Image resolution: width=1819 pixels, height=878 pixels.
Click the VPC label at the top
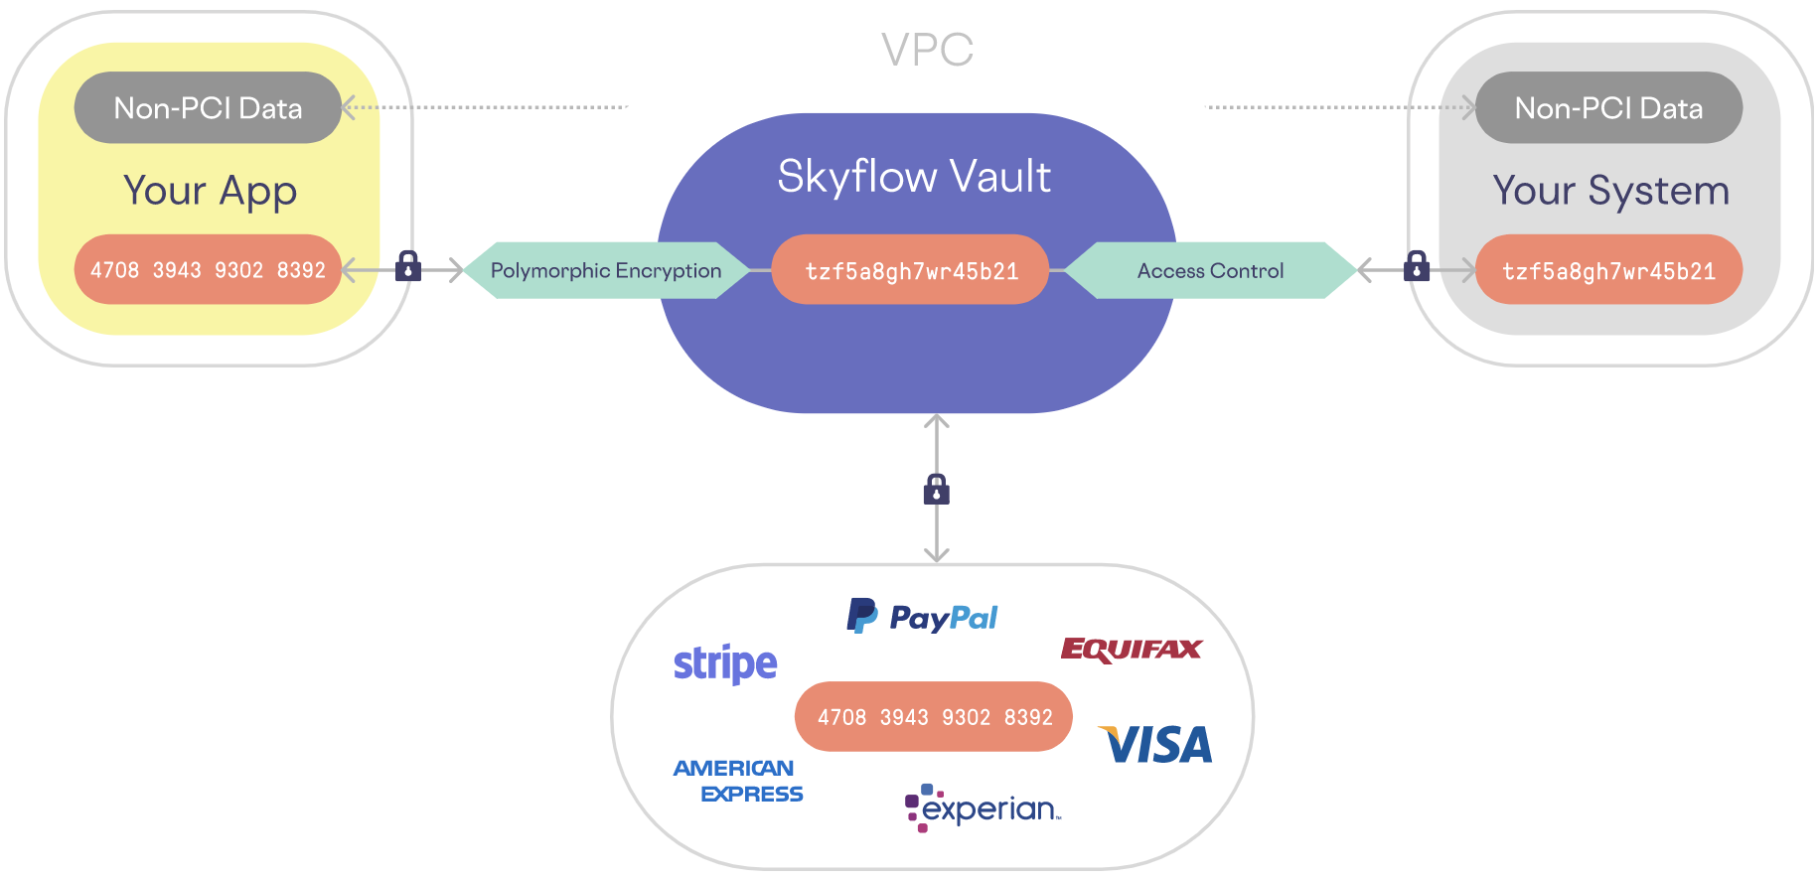[927, 50]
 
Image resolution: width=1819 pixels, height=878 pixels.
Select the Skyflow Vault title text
[914, 177]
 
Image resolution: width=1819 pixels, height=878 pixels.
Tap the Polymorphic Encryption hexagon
[606, 270]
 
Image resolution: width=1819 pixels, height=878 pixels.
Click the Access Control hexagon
[1210, 270]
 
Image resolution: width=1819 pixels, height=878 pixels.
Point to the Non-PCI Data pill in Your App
[208, 107]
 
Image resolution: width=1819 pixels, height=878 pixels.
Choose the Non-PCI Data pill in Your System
[1608, 107]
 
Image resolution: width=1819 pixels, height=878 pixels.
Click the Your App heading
[210, 191]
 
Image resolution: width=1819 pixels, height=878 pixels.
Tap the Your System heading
[1610, 191]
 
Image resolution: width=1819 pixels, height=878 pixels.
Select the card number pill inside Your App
[208, 269]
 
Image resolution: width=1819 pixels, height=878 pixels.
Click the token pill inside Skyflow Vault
[911, 270]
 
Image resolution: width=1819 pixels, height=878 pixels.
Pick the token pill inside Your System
[1608, 270]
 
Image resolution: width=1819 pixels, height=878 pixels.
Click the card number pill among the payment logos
[934, 716]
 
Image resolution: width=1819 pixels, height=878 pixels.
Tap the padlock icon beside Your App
[408, 266]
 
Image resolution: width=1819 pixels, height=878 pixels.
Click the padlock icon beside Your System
[1417, 266]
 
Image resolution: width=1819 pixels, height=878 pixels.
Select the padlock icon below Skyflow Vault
[937, 489]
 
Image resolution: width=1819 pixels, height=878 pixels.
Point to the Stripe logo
[725, 663]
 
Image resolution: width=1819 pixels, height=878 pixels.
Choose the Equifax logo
[1132, 650]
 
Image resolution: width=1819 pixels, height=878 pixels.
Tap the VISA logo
[1156, 745]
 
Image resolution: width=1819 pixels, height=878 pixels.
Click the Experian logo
[983, 808]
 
